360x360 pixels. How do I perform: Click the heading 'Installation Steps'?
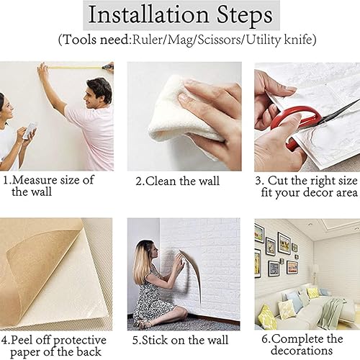[179, 15]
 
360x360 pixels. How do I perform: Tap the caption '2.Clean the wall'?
[177, 181]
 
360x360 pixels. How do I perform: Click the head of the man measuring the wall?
[99, 91]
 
